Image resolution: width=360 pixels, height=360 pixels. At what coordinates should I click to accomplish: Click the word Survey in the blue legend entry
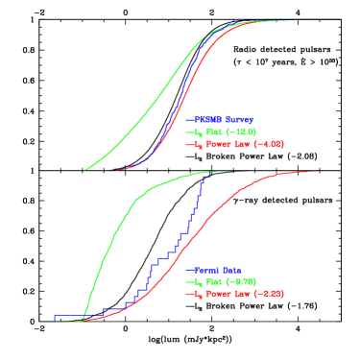[240, 119]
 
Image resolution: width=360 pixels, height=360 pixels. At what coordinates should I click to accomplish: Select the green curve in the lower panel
[115, 230]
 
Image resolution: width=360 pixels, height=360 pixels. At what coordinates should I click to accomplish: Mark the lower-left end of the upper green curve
[85, 170]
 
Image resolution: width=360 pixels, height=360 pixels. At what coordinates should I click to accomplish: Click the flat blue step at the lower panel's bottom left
[67, 315]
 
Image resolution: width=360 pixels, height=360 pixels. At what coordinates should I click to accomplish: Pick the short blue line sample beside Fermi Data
[189, 270]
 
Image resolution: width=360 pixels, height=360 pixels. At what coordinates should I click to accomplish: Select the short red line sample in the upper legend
[189, 144]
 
